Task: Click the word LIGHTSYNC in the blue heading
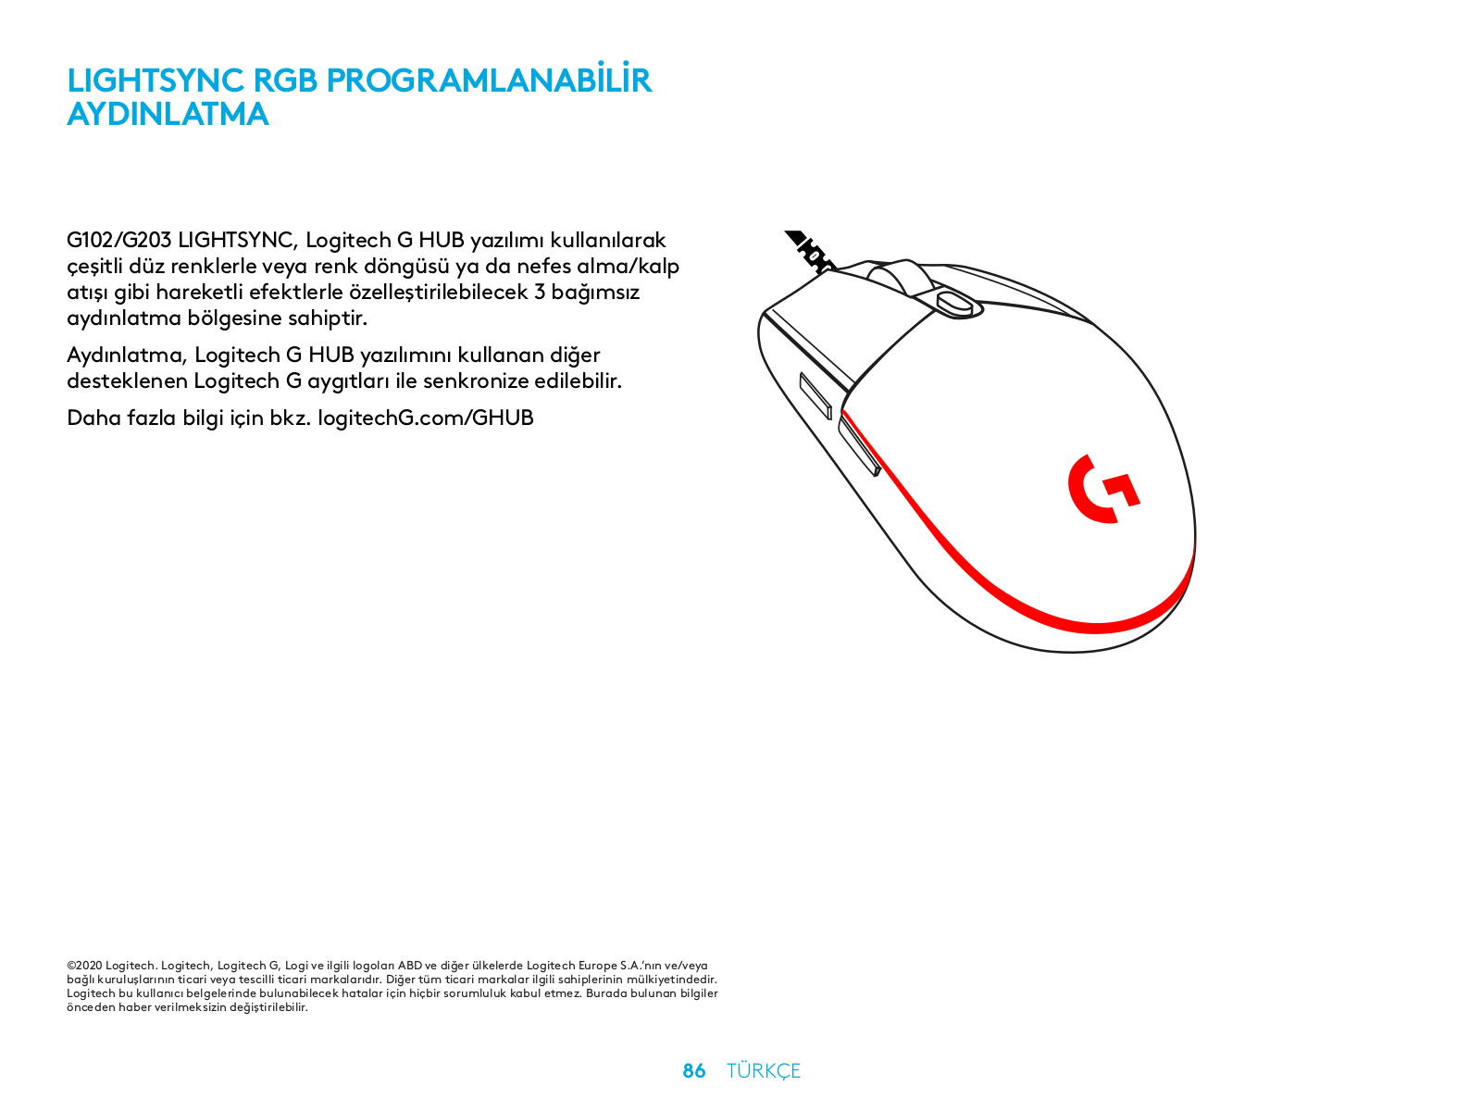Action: point(155,81)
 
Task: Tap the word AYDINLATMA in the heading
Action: point(168,114)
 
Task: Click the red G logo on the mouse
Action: point(1102,488)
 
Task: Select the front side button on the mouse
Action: point(815,395)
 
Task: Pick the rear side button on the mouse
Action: point(859,445)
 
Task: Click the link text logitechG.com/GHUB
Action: point(425,418)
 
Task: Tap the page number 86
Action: point(693,1070)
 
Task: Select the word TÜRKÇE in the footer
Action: point(763,1070)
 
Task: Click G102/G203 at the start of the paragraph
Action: point(118,240)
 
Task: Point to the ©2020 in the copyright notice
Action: point(84,966)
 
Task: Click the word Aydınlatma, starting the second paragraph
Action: point(127,356)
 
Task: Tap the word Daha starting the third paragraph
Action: point(93,418)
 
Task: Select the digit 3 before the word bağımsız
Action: point(539,293)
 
